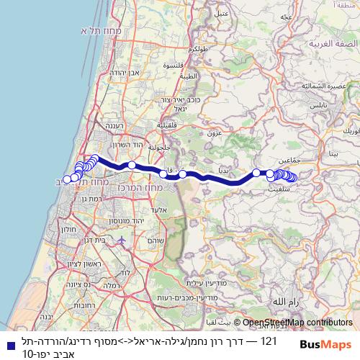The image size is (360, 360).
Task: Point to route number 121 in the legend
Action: (269, 339)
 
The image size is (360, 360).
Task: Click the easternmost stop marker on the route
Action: (293, 178)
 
